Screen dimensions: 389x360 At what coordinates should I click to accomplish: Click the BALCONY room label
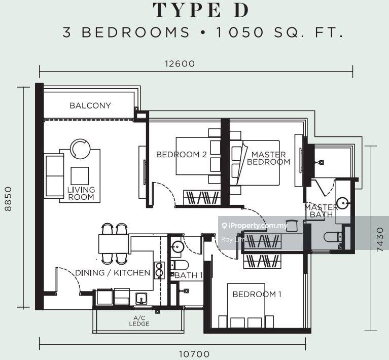(90, 105)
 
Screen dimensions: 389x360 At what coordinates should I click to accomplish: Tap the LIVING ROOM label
(81, 194)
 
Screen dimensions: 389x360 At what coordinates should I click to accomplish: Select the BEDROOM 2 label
(182, 155)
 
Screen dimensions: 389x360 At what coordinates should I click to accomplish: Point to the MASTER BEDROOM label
(268, 158)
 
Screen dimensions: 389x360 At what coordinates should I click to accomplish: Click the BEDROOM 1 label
(257, 294)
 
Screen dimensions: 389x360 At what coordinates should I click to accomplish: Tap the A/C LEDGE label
(139, 321)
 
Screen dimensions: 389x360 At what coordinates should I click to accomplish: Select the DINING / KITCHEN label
(113, 273)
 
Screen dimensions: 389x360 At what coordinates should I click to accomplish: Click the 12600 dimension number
(180, 64)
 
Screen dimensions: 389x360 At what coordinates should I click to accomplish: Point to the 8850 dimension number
(8, 199)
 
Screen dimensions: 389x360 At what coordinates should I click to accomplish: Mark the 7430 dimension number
(380, 240)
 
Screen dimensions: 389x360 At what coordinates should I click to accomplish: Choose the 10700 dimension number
(194, 354)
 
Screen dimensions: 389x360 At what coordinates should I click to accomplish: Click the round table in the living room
(80, 149)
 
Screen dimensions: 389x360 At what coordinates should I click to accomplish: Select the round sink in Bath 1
(178, 246)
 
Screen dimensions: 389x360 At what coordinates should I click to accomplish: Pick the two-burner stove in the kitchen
(159, 270)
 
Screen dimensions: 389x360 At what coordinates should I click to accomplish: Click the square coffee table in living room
(80, 176)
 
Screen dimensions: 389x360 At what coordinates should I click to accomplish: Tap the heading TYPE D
(201, 10)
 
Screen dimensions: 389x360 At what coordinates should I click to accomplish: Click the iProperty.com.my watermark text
(255, 226)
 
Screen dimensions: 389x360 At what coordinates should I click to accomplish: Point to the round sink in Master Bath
(343, 203)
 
